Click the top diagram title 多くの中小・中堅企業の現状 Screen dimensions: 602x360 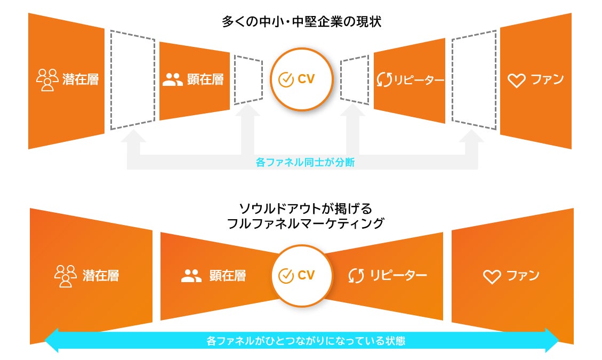(301, 22)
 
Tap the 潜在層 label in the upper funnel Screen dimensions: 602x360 (81, 80)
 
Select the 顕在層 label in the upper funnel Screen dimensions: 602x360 (205, 80)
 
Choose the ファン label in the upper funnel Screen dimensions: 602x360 (547, 80)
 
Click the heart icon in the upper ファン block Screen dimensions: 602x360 (516, 81)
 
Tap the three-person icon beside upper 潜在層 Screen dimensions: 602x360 (47, 80)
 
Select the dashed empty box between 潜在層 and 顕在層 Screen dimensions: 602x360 (133, 80)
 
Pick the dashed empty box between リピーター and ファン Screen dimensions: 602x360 (474, 80)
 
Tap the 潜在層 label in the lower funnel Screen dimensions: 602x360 (101, 276)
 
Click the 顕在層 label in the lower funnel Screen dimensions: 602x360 (228, 276)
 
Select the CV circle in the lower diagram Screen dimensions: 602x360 (301, 276)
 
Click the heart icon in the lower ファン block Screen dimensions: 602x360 (492, 276)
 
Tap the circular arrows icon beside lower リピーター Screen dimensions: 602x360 (356, 276)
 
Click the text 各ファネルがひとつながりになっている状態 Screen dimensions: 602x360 (302, 340)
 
